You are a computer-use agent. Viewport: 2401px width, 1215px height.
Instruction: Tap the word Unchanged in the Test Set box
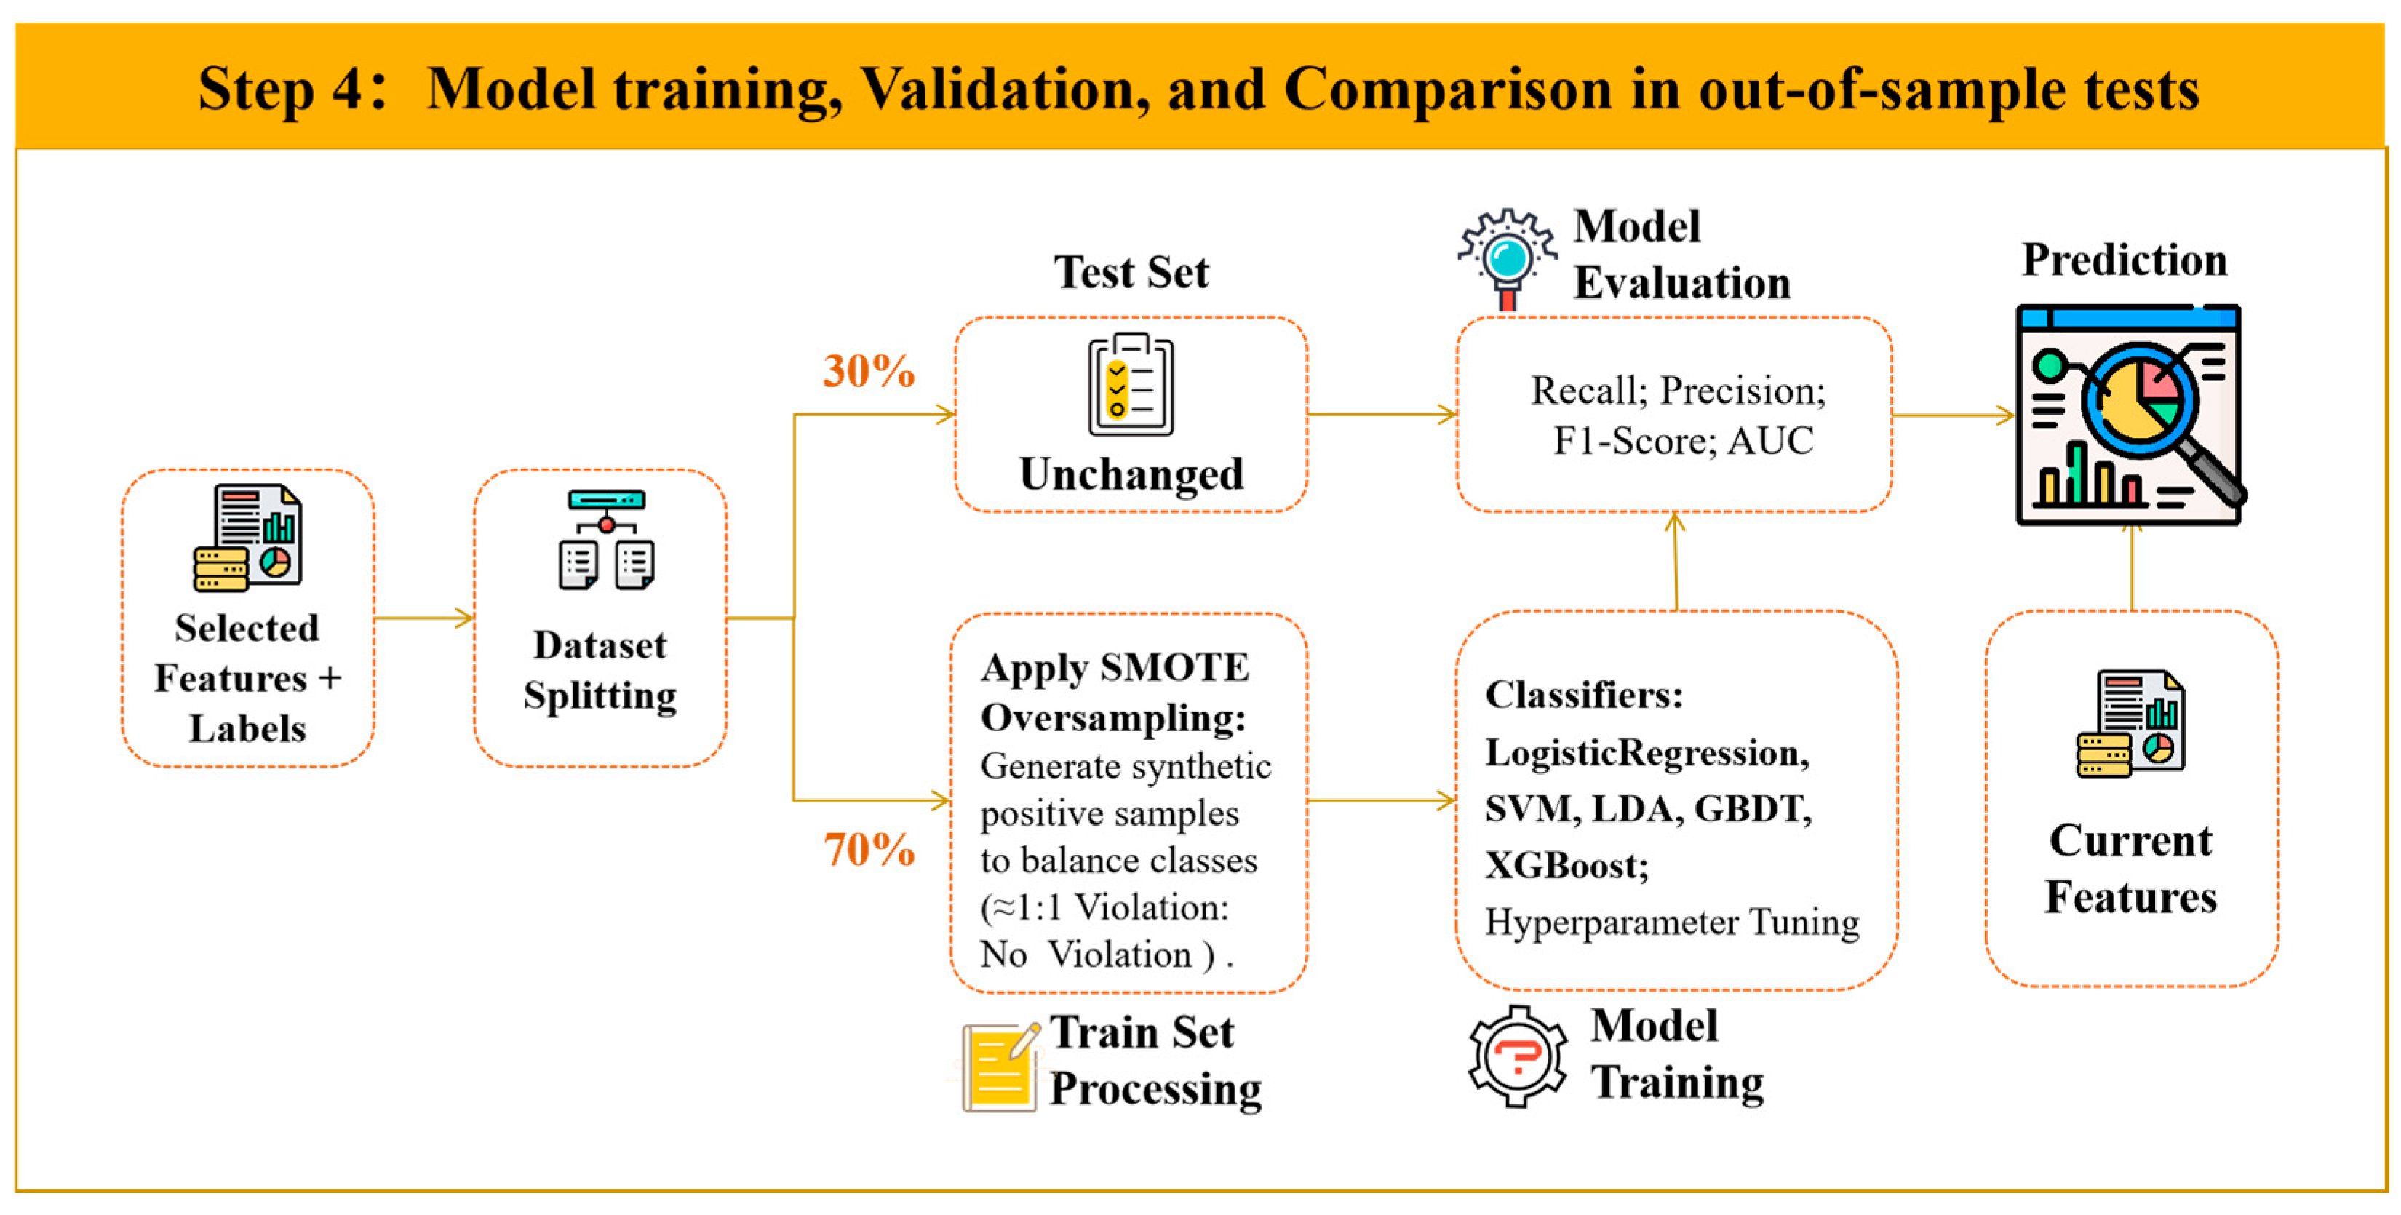[1131, 474]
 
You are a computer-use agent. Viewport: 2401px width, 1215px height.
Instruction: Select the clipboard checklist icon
[1131, 384]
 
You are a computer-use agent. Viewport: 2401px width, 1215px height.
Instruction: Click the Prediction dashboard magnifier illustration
[2130, 415]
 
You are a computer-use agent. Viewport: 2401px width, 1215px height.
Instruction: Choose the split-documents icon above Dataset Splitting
[607, 541]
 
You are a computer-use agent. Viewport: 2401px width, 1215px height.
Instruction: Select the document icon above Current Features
[2130, 723]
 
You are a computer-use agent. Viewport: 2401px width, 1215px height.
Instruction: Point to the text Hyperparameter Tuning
[1671, 922]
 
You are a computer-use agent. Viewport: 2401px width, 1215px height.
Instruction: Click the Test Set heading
[1131, 272]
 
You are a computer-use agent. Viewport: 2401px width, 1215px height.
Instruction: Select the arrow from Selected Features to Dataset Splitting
[424, 618]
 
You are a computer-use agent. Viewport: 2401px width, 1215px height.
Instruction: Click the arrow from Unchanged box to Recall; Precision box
[1382, 415]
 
